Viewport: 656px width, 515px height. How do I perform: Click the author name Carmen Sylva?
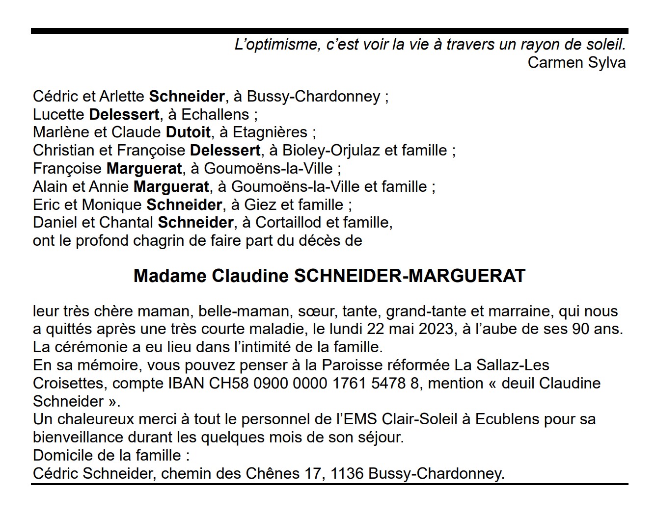(576, 63)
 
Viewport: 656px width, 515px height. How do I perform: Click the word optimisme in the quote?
(278, 45)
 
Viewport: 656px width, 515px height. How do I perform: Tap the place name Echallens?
(215, 114)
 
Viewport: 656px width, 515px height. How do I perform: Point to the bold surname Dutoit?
(188, 132)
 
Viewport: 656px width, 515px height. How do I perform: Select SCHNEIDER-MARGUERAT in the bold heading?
(410, 276)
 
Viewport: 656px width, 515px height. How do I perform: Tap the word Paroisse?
(352, 365)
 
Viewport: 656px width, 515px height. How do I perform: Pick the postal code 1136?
(347, 474)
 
